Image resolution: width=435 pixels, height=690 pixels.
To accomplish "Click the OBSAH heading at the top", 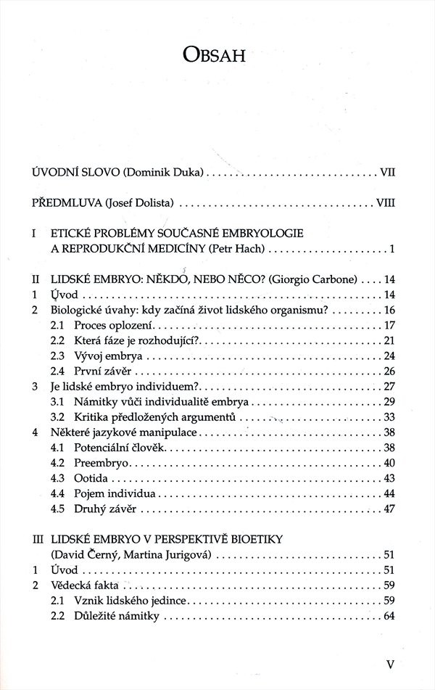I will point(217,56).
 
